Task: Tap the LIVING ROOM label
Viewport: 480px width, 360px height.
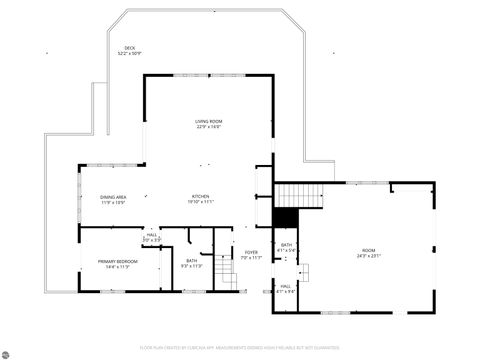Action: tap(208, 122)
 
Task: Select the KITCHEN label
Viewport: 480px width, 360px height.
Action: tap(201, 196)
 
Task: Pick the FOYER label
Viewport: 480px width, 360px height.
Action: tap(251, 252)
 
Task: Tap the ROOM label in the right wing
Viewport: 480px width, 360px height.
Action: tap(368, 250)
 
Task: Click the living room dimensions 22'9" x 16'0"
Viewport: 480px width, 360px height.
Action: tap(208, 127)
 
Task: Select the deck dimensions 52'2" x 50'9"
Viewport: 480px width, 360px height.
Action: tap(130, 53)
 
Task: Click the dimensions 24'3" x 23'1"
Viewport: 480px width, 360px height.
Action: tap(368, 256)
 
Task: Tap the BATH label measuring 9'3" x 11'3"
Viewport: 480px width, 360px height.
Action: tap(191, 261)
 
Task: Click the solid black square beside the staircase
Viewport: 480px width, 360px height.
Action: tap(286, 217)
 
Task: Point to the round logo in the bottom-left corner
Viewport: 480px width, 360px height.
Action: tap(8, 350)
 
